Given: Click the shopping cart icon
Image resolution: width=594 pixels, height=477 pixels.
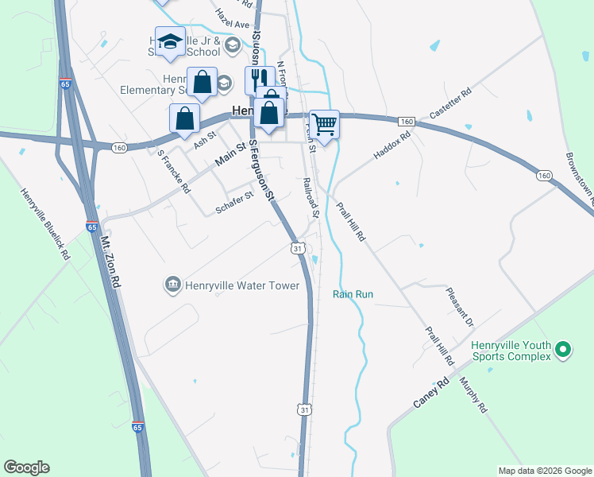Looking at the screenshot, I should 324,124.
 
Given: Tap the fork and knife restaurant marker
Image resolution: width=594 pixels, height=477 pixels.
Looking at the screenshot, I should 256,79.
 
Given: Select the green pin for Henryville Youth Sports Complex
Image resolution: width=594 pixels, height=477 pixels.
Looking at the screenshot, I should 562,348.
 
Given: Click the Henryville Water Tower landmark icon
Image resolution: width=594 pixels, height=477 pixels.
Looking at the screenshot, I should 172,285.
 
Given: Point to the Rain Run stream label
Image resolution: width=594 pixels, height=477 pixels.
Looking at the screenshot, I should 353,294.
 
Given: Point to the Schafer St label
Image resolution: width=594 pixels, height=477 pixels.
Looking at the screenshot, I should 234,203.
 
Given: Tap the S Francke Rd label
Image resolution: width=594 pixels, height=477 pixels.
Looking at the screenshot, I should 174,173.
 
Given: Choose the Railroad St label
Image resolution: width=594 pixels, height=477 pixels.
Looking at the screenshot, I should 310,198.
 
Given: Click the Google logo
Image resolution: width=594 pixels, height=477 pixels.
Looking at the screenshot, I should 26,467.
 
